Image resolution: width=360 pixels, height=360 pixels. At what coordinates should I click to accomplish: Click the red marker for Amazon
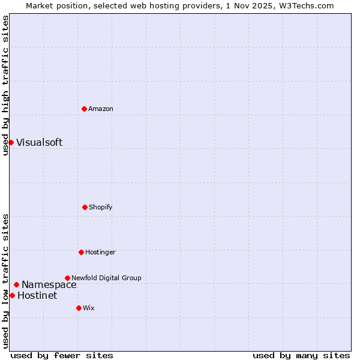coord(84,109)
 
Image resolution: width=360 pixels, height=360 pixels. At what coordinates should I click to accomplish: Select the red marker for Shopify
coord(85,207)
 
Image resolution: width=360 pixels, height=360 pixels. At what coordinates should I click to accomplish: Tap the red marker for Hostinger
coord(81,252)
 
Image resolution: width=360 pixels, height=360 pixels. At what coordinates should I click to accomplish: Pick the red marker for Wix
coord(79,308)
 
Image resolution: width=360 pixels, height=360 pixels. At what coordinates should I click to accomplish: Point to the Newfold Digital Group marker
coord(67,278)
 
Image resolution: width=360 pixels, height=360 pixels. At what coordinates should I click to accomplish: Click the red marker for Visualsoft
coord(11,142)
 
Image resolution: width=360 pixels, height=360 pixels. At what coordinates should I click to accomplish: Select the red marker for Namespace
coord(16,284)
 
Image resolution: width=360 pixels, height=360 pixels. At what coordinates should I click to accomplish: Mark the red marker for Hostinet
coord(12,295)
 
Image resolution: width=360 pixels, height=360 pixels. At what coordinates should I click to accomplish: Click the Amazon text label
coord(101,109)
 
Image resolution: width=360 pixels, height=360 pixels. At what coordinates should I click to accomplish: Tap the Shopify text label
coord(101,207)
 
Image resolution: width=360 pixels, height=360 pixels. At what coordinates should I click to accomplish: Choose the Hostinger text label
coord(100,252)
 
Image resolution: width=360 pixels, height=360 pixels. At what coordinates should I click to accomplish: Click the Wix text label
coord(89,308)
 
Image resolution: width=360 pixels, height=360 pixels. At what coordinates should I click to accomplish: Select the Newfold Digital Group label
coord(106,278)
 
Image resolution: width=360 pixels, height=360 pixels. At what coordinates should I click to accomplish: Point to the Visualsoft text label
coord(39,142)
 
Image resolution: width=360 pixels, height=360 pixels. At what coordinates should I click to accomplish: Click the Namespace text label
coord(49,284)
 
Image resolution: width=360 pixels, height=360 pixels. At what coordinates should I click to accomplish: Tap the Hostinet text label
coord(37,295)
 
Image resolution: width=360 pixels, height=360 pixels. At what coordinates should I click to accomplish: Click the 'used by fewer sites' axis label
coord(62,355)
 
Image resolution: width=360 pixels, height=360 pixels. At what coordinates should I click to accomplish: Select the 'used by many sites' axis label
coord(301,355)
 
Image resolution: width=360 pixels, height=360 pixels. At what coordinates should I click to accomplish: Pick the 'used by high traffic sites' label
coord(5,85)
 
